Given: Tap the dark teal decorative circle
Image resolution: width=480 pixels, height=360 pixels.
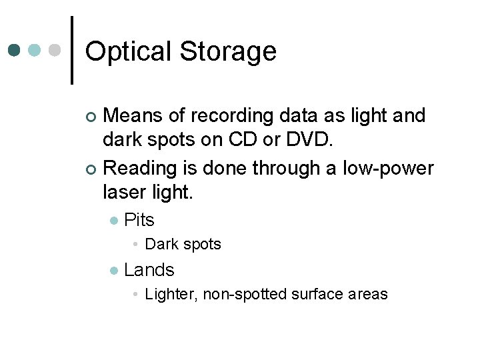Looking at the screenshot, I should point(15,50).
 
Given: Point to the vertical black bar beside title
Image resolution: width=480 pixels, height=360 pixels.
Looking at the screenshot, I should point(72,50).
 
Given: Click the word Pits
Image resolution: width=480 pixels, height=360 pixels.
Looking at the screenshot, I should point(139,220).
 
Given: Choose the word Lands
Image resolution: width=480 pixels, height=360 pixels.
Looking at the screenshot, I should point(149,270).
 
